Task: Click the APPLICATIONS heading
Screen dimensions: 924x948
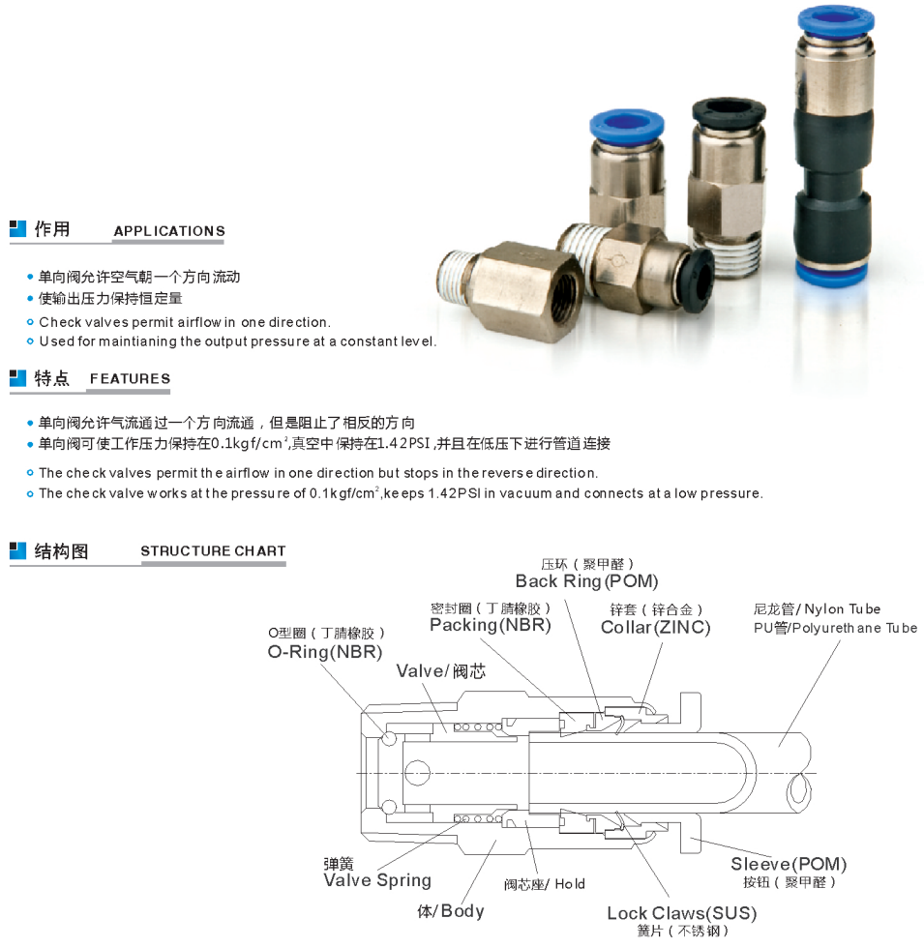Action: click(x=169, y=231)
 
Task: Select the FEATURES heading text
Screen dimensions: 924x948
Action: click(x=130, y=379)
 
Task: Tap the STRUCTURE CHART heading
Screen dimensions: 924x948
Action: click(x=213, y=551)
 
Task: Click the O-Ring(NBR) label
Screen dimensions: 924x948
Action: click(x=325, y=652)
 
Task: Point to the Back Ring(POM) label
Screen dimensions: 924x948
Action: click(x=586, y=581)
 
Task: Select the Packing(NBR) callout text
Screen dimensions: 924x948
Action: click(x=491, y=625)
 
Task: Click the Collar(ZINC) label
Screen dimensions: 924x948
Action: click(x=656, y=628)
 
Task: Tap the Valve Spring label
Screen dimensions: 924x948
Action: click(x=377, y=880)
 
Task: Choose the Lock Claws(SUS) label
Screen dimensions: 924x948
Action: click(x=681, y=913)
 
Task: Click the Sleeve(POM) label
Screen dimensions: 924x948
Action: click(x=789, y=864)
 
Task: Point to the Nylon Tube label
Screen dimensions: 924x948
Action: click(x=843, y=609)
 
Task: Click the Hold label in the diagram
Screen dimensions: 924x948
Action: click(x=570, y=884)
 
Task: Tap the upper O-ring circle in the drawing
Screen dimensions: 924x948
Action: click(x=388, y=739)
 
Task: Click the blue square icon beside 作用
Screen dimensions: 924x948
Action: click(x=17, y=229)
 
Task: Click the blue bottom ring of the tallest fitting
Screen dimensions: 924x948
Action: click(x=833, y=273)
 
